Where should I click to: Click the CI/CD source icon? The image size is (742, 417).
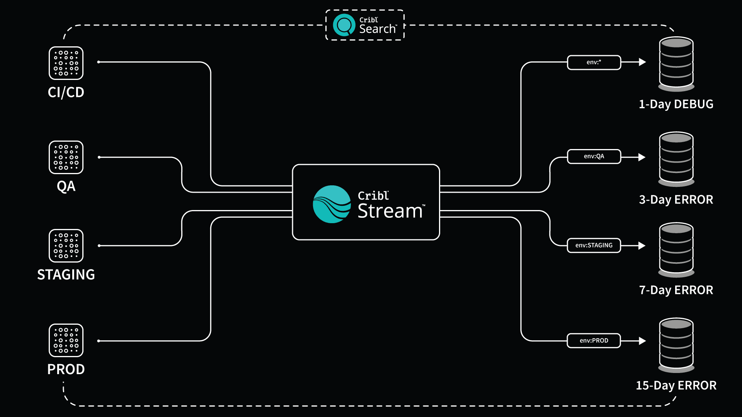66,63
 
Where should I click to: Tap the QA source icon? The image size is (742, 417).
66,157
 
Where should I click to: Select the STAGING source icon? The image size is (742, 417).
66,246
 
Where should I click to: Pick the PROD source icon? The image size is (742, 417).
66,340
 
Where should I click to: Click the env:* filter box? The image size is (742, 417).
594,62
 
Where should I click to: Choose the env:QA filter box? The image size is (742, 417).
594,156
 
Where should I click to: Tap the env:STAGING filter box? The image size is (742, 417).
594,245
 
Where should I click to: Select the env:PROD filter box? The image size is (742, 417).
594,341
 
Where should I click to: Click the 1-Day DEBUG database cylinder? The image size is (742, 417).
676,64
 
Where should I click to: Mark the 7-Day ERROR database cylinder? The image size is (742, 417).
676,249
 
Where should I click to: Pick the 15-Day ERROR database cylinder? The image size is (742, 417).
676,345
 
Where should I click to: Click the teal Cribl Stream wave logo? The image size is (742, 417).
332,204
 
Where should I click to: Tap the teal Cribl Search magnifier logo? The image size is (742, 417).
344,25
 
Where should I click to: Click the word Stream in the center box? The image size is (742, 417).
390,211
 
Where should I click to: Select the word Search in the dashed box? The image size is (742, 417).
378,29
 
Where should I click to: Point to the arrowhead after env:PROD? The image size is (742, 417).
642,341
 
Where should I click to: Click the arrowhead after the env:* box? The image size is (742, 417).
642,62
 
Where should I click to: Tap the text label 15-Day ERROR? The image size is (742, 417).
676,385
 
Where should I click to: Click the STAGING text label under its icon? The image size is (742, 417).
66,275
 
